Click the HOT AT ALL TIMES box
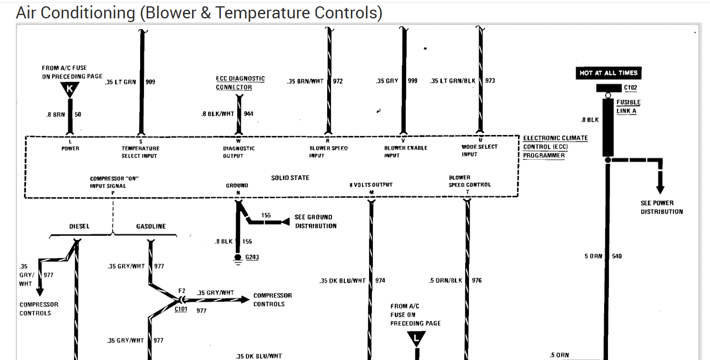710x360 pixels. (608, 73)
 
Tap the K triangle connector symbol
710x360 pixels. (70, 89)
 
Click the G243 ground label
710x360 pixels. (252, 257)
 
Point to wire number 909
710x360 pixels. (150, 82)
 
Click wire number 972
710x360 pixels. (338, 81)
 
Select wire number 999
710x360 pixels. (413, 81)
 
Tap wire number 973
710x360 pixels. (490, 81)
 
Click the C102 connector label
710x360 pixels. (630, 88)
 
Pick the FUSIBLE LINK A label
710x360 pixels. (628, 107)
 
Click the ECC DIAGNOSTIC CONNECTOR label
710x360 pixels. (240, 83)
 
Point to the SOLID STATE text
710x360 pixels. (290, 178)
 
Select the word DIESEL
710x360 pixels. (79, 226)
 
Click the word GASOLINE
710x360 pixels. (151, 226)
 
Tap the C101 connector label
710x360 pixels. (181, 309)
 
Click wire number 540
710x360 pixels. (617, 256)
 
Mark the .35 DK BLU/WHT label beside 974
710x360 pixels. (342, 281)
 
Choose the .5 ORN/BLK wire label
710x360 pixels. (446, 281)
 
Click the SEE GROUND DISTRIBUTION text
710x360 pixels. (315, 222)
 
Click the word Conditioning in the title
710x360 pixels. (88, 13)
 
